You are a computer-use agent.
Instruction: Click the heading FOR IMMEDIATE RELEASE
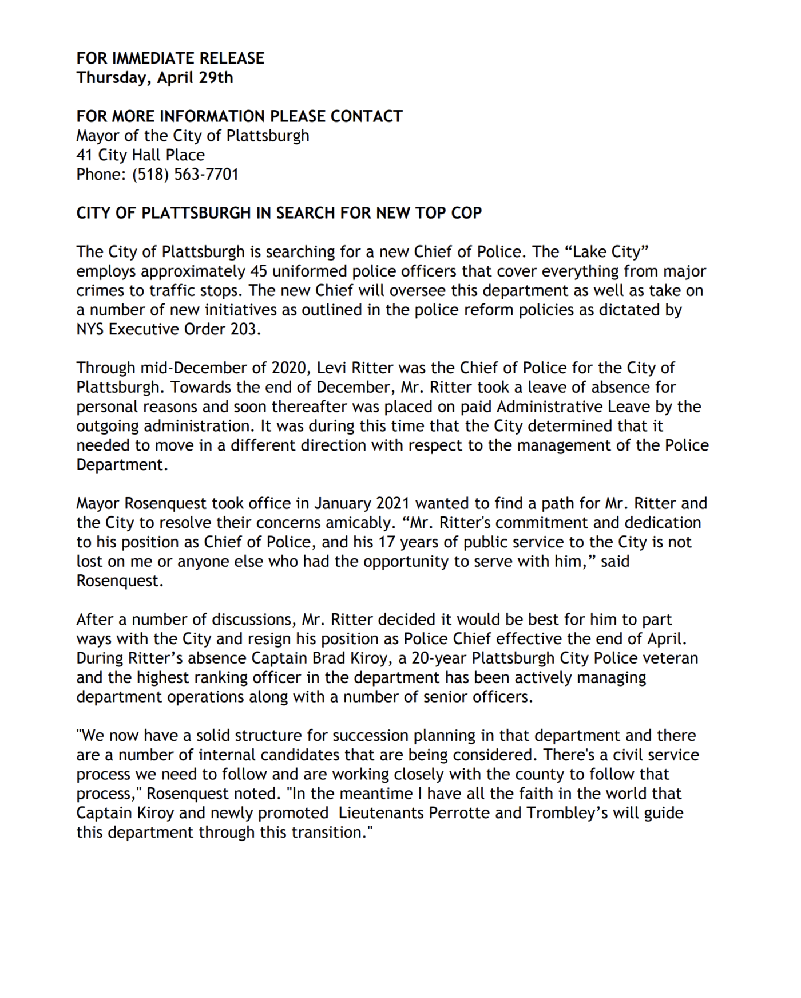pyautogui.click(x=170, y=58)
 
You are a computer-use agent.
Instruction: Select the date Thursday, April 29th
pyautogui.click(x=154, y=78)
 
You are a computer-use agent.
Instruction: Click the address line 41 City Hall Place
pyautogui.click(x=140, y=155)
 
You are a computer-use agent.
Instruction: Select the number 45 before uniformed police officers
pyautogui.click(x=259, y=271)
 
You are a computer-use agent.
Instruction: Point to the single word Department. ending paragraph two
pyautogui.click(x=122, y=465)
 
